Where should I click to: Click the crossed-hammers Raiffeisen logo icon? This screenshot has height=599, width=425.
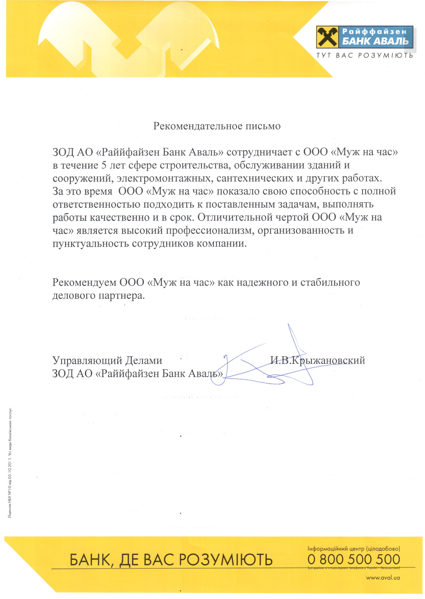tap(327, 37)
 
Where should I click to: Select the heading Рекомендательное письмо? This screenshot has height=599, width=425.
tap(217, 126)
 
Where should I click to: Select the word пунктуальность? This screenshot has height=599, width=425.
tap(91, 244)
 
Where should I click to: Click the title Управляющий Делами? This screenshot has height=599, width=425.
tap(107, 360)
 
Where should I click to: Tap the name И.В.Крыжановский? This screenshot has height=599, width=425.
tap(317, 360)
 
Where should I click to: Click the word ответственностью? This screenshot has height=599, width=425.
tap(96, 204)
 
